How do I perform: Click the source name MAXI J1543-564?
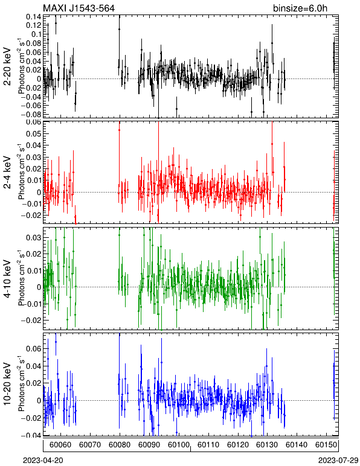click(x=79, y=8)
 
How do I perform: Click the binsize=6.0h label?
click(x=300, y=8)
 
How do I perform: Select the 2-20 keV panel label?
click(x=7, y=66)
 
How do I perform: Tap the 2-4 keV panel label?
click(x=7, y=173)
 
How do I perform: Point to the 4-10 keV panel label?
click(x=7, y=279)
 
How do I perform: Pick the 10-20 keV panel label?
click(x=7, y=384)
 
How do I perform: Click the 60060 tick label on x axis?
click(x=60, y=445)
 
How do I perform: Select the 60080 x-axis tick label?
click(x=120, y=445)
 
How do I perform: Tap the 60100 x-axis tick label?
click(x=179, y=445)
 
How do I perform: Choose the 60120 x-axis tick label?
click(x=238, y=445)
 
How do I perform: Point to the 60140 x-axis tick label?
click(x=297, y=445)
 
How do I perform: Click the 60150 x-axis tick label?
click(x=326, y=445)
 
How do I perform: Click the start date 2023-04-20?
click(x=43, y=461)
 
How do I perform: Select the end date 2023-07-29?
click(x=338, y=461)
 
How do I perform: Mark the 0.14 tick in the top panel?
click(x=34, y=17)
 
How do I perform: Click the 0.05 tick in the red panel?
click(x=34, y=133)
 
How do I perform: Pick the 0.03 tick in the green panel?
click(x=34, y=238)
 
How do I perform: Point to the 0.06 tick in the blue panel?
click(x=34, y=348)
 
